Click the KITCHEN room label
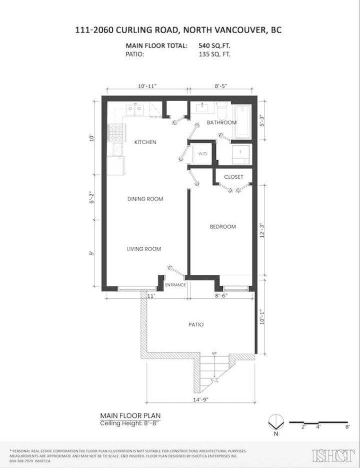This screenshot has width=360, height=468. point(145,142)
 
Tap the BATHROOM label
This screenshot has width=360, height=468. point(221,123)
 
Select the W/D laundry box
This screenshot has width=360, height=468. point(202,154)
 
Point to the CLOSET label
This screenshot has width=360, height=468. point(233,177)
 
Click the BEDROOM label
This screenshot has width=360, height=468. point(222,227)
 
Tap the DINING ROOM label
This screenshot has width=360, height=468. point(145,199)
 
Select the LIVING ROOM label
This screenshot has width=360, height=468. point(143,249)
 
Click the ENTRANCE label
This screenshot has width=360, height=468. point(175,285)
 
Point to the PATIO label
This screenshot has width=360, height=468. point(196,324)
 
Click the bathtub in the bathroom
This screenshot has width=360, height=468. point(244,122)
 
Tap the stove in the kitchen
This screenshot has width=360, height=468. point(115,133)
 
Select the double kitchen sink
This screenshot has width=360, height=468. point(133,110)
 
